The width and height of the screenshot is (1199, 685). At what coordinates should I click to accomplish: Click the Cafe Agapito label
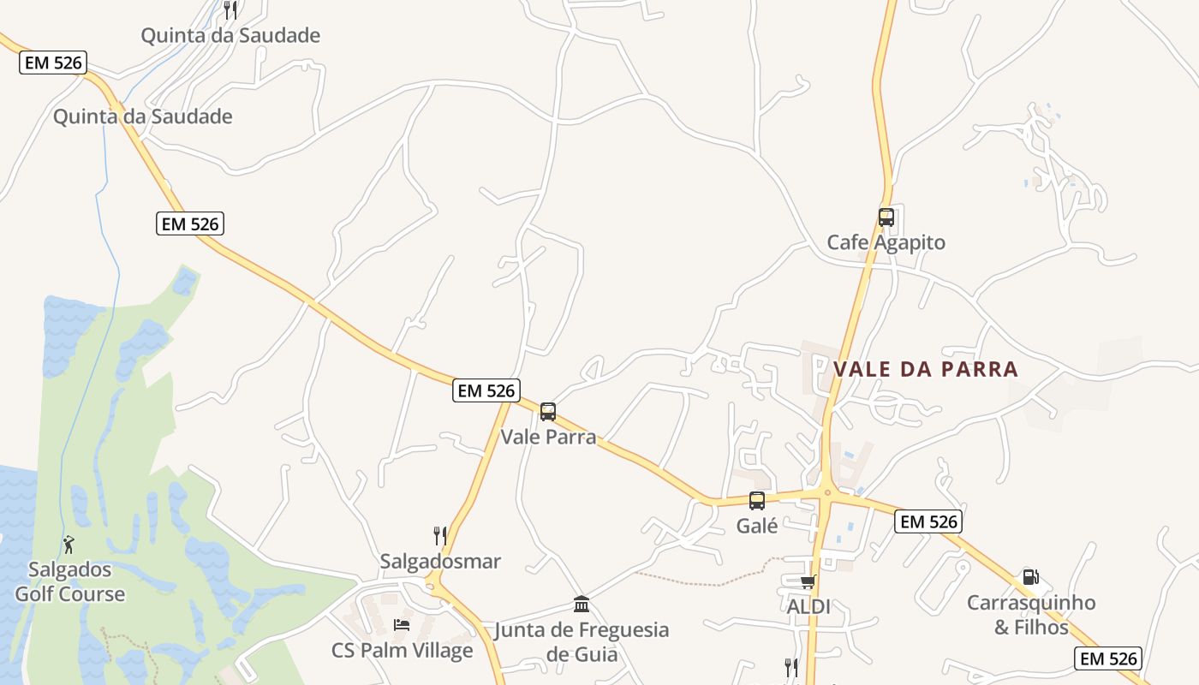coord(886,242)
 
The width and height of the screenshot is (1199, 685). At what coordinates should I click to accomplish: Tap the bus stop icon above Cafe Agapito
coord(886,217)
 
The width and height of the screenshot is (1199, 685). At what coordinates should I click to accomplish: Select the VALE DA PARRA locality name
coord(926,369)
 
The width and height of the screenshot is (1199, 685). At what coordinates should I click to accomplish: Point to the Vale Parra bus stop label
coord(548,437)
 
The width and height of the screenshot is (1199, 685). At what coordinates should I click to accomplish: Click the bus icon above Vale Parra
coord(548,412)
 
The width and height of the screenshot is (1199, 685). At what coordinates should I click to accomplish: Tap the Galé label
coord(757,526)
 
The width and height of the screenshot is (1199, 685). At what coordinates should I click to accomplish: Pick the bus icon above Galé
coord(757,501)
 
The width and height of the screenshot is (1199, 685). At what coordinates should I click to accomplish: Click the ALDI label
coord(808,606)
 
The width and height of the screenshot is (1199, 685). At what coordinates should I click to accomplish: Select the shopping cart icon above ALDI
coord(807,582)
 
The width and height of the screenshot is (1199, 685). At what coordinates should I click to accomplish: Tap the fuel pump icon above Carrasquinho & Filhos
coord(1030,578)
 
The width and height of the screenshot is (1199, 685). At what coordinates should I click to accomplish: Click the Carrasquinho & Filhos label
coord(1031,615)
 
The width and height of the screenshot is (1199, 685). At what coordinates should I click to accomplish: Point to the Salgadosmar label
coord(440,562)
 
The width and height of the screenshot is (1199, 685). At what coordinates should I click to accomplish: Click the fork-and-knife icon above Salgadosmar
coord(440,536)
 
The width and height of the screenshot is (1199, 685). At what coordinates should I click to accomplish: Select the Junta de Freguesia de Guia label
coord(582,642)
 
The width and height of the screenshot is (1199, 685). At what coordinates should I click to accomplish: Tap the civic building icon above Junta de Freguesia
coord(582,605)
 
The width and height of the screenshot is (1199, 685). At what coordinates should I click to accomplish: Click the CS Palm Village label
coord(402,651)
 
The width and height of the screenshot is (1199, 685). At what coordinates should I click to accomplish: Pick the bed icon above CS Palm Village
coord(401,625)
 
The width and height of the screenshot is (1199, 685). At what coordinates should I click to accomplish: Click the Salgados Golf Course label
coord(69,581)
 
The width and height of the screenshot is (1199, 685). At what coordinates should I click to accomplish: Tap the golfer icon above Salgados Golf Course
coord(69,544)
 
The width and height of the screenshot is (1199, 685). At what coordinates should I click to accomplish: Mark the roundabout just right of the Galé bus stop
coord(827,492)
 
